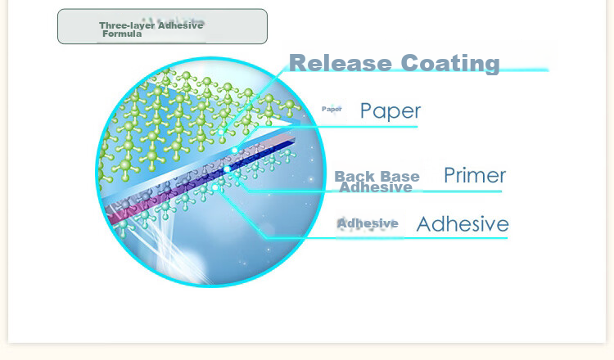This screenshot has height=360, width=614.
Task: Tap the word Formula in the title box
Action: (122, 34)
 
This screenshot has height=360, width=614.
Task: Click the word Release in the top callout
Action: (341, 63)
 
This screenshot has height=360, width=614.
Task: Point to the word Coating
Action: (450, 64)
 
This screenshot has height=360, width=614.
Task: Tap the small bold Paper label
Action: (332, 109)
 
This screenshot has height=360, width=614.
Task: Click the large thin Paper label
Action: (391, 111)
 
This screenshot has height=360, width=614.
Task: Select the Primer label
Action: (475, 175)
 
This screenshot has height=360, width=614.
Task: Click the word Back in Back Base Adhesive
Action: (351, 176)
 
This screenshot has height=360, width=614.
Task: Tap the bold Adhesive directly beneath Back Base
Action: (376, 187)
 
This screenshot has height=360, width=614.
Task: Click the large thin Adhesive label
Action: (463, 224)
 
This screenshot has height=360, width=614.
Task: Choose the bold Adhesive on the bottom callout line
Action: (368, 223)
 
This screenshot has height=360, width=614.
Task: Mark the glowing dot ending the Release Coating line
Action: (221, 133)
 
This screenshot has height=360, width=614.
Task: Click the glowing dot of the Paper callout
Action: (235, 151)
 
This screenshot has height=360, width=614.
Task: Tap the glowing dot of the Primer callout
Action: (227, 169)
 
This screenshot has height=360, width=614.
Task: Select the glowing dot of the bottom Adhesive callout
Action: (214, 188)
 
